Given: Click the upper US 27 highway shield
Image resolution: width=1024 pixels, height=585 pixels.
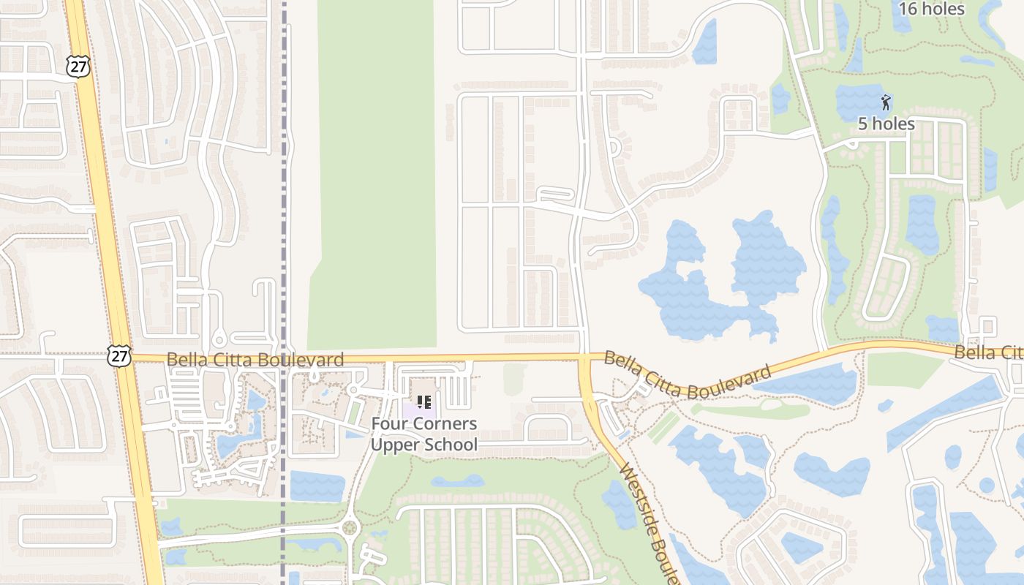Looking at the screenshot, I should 77,67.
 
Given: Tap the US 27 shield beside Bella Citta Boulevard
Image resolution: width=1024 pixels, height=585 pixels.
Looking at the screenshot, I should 118,356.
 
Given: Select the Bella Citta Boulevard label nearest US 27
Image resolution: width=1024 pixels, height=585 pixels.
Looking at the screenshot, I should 255,360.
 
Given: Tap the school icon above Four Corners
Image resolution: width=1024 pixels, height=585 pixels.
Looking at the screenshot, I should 423,401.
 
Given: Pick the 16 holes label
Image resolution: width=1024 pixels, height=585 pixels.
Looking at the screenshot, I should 931,9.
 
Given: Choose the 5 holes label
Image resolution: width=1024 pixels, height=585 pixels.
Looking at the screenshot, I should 886,124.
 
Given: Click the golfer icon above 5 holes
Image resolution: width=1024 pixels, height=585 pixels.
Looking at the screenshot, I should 886,102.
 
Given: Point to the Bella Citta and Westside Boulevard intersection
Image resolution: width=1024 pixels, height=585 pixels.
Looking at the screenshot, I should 584,358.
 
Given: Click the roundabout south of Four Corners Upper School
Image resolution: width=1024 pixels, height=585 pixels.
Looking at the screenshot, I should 349,526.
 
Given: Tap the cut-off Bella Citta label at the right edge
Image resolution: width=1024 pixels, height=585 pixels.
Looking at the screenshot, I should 987,352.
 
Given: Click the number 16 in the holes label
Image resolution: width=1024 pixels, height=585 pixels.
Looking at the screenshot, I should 908,9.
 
